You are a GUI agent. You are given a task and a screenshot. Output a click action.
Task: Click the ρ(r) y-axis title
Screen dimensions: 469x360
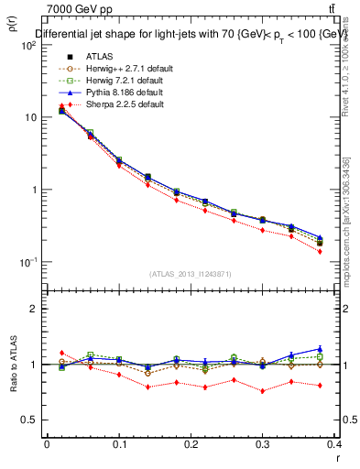click(11, 27)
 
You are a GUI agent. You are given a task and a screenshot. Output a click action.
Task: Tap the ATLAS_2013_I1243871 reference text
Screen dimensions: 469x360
click(191, 274)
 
